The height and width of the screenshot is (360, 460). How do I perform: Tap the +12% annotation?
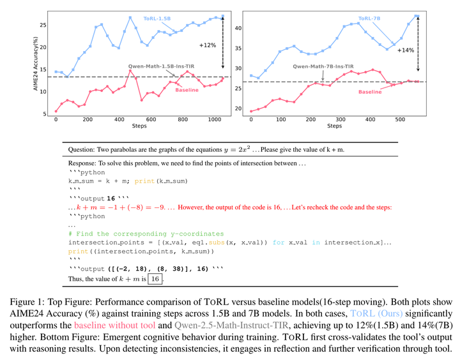coord(208,45)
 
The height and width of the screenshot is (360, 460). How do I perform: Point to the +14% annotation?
coord(406,49)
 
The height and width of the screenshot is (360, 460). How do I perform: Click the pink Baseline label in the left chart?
coord(186,90)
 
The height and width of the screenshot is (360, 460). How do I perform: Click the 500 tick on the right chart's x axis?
coord(400,119)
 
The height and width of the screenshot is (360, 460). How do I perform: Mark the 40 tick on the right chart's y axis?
coord(238,28)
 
